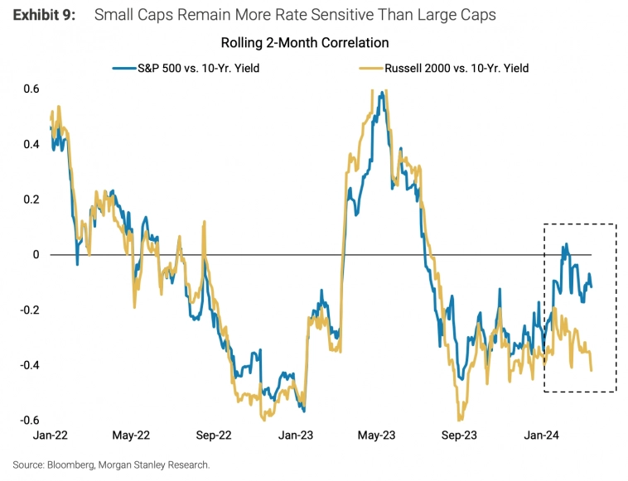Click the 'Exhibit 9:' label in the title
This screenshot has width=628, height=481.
tap(45, 15)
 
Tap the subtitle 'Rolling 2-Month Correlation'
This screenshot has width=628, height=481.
tap(305, 42)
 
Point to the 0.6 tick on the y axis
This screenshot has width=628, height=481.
tap(31, 89)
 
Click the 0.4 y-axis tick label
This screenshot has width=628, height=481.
tap(31, 144)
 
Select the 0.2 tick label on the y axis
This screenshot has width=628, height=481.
tap(31, 200)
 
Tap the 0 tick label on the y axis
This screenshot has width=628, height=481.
tap(36, 255)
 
